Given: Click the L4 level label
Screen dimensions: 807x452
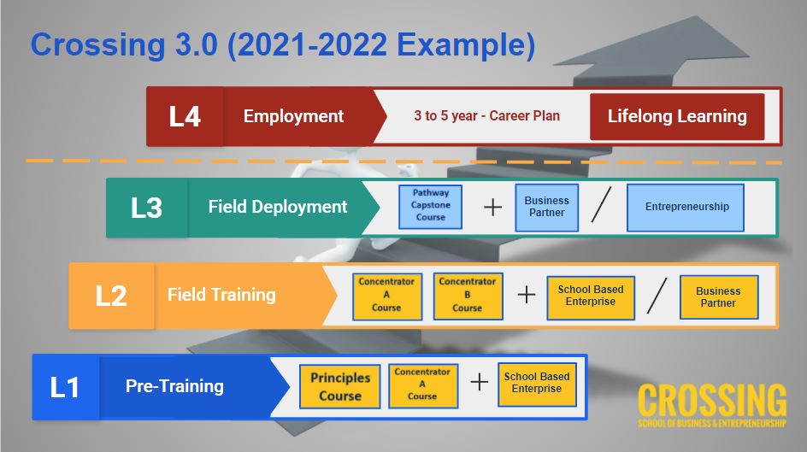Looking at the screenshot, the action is [185, 116].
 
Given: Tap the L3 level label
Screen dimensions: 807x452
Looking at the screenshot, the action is [147, 208].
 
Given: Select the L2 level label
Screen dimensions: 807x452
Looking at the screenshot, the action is [111, 296].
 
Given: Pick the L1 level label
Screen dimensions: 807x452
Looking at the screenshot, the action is [64, 387].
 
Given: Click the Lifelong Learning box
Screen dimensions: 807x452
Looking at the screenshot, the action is [677, 116].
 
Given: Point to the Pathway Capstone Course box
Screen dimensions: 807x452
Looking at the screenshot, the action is [430, 207].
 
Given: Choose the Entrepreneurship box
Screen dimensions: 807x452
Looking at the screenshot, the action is [686, 208].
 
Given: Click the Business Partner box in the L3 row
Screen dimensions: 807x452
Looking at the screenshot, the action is [546, 208].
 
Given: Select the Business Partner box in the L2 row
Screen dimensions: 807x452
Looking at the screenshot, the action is [719, 297].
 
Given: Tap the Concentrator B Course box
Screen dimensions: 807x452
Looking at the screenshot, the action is [468, 296].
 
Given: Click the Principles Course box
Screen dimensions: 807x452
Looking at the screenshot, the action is [339, 387].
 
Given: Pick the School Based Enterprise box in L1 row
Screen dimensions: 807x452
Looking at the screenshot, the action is [537, 384].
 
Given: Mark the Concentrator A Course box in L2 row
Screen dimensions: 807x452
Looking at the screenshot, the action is [387, 296].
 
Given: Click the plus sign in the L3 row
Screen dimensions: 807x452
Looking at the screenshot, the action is [492, 208].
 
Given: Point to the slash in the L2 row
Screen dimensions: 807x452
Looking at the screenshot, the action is [657, 296].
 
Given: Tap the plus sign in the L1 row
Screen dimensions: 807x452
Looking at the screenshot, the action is [479, 382].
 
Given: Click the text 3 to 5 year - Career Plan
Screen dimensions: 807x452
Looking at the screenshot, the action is [487, 115].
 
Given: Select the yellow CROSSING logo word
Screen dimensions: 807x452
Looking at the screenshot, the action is [712, 400].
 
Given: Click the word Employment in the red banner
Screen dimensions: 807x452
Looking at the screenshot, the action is [293, 116].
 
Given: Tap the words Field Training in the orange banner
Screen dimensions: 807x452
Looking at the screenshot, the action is [221, 295].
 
